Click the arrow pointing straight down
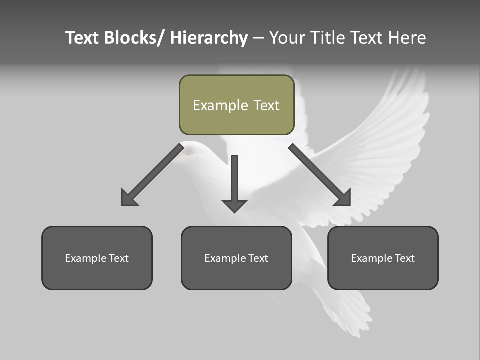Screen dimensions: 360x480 click(234, 182)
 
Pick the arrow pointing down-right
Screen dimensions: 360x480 click(320, 175)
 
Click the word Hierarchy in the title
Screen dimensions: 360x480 click(209, 38)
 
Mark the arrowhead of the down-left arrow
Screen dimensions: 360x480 click(128, 198)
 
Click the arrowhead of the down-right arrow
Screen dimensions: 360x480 click(343, 198)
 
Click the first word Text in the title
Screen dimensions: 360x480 click(82, 38)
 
